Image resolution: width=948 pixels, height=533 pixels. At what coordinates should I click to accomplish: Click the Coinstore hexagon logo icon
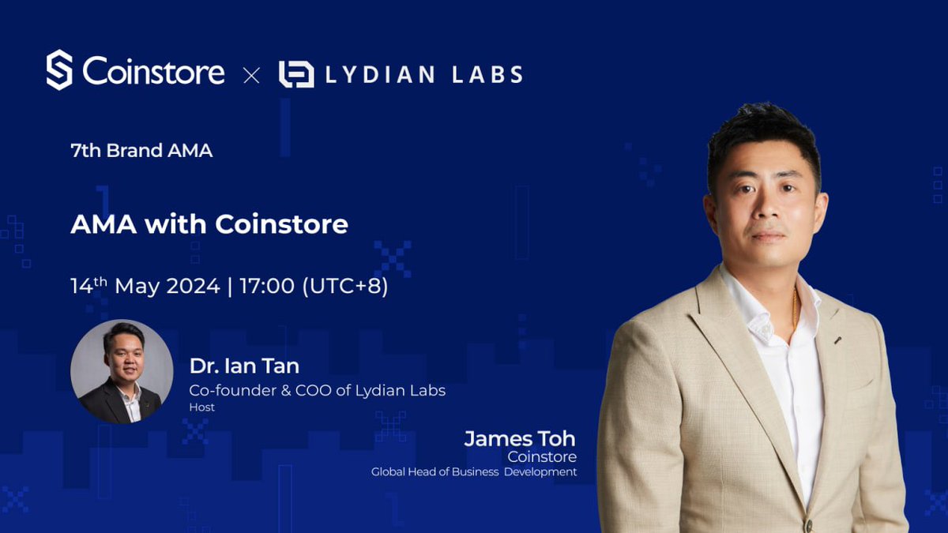pos(59,70)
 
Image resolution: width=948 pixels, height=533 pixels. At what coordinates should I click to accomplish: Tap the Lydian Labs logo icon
pos(296,74)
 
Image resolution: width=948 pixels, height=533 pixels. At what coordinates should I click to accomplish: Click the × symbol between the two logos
pos(251,75)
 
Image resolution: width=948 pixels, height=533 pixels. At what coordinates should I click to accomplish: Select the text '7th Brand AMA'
pos(141,150)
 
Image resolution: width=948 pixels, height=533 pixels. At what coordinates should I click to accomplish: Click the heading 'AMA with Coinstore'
pos(209,224)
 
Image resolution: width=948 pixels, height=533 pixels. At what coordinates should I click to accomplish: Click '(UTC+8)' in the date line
pos(345,286)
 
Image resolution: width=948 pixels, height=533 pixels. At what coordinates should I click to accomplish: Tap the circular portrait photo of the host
pos(122,371)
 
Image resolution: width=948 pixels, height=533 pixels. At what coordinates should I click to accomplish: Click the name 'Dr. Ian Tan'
pos(244,366)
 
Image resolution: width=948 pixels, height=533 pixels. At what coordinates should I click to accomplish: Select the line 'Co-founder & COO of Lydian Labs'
pos(317,391)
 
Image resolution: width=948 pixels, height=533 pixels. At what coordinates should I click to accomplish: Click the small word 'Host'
pos(201,407)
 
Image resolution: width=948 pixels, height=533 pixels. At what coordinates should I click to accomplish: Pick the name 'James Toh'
pos(520,438)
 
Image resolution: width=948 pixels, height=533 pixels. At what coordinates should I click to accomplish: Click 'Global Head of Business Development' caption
pos(474,472)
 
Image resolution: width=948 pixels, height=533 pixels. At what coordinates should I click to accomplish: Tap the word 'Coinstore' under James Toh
pos(542,457)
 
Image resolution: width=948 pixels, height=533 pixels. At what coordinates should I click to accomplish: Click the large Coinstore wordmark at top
pos(154,73)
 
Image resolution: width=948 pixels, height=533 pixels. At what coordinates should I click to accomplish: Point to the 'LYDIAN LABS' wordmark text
pos(424,75)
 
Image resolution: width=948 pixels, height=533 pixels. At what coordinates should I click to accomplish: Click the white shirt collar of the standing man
pos(758,312)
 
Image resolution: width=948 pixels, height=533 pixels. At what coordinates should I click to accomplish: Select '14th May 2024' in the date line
pos(145,286)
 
